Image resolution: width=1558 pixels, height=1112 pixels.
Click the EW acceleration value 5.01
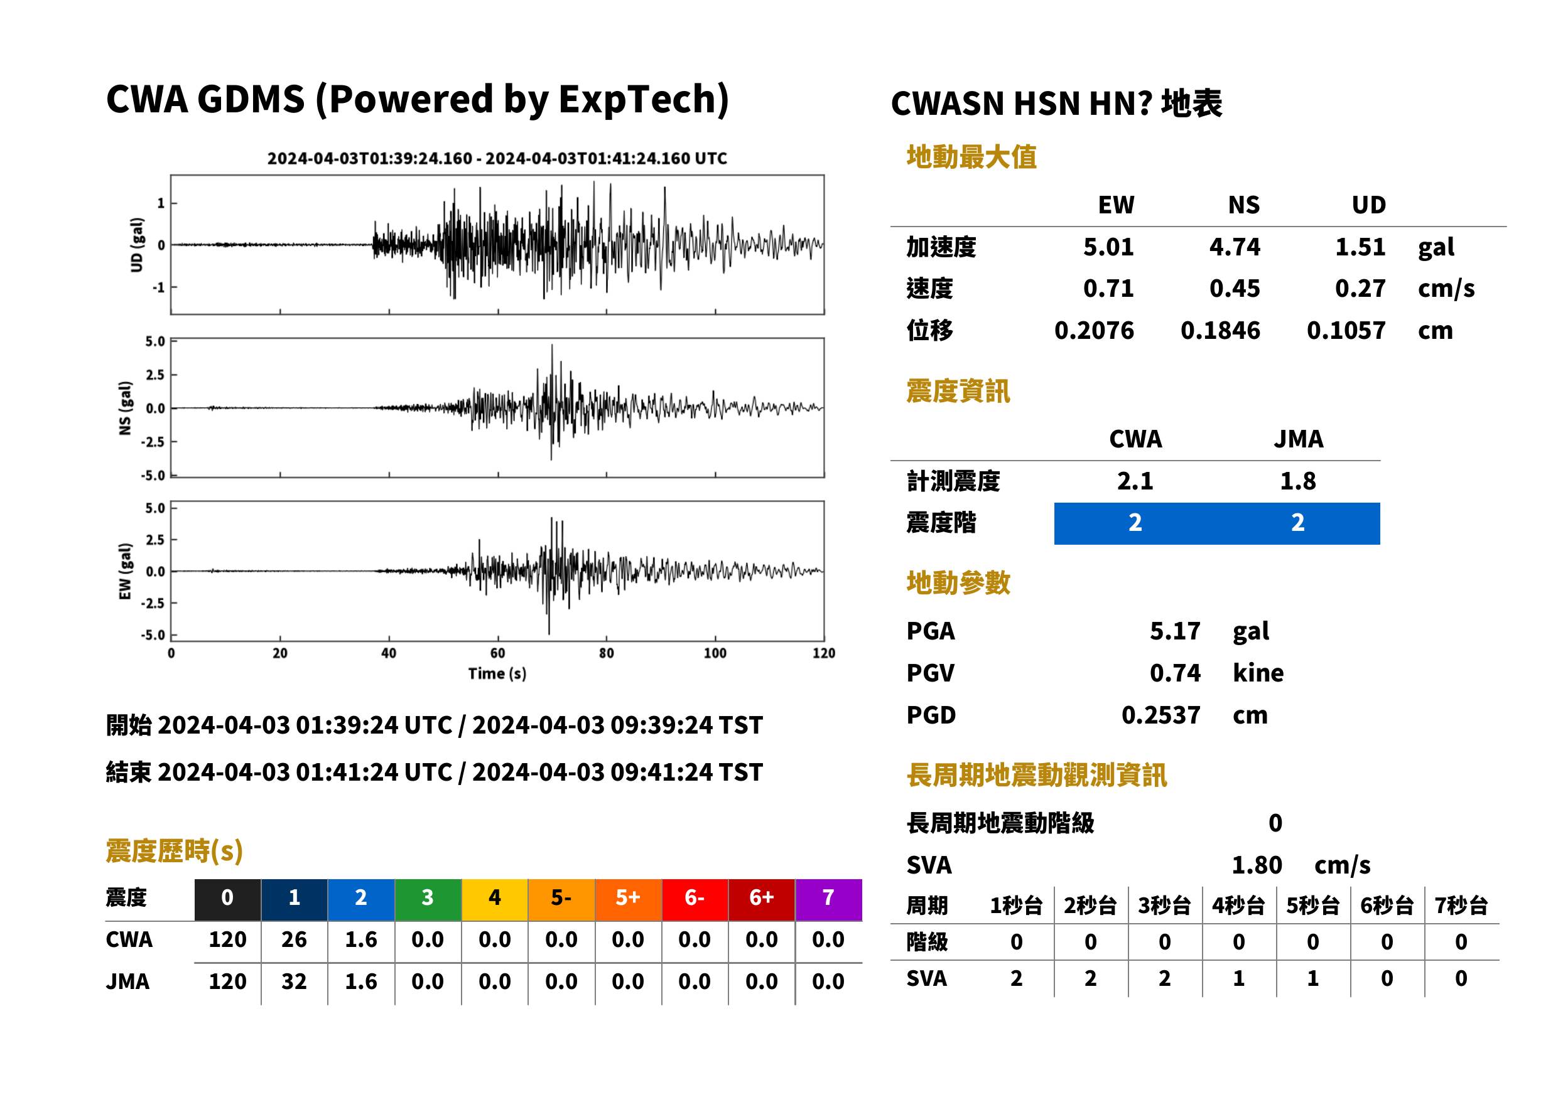pyautogui.click(x=1108, y=247)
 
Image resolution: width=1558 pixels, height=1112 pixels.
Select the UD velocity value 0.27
pyautogui.click(x=1360, y=288)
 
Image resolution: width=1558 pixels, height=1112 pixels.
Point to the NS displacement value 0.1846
pyautogui.click(x=1220, y=330)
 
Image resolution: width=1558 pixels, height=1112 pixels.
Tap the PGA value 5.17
pyautogui.click(x=1175, y=631)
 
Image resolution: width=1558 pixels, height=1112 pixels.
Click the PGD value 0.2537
pyautogui.click(x=1161, y=715)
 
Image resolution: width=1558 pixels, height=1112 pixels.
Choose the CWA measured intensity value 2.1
pyautogui.click(x=1135, y=481)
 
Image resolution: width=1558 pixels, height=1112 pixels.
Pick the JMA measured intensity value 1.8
pyautogui.click(x=1297, y=481)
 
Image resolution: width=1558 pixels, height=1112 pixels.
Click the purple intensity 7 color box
pyautogui.click(x=828, y=899)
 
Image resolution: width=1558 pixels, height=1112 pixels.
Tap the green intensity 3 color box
pyautogui.click(x=428, y=899)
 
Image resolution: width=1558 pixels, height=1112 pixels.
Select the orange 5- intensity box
pyautogui.click(x=561, y=899)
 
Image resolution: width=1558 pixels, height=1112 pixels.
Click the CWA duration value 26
pyautogui.click(x=294, y=939)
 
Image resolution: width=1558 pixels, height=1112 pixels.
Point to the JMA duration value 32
pyautogui.click(x=294, y=981)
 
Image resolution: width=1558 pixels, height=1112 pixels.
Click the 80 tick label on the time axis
pyautogui.click(x=607, y=653)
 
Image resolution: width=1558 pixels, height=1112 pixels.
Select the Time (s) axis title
pyautogui.click(x=497, y=674)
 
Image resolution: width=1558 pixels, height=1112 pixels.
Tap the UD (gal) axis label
pyautogui.click(x=137, y=245)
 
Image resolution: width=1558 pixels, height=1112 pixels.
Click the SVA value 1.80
pyautogui.click(x=1257, y=865)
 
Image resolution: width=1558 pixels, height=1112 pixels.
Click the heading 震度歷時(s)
pyautogui.click(x=175, y=850)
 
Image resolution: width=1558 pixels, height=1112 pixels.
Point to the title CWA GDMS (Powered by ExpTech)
pyautogui.click(x=417, y=99)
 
